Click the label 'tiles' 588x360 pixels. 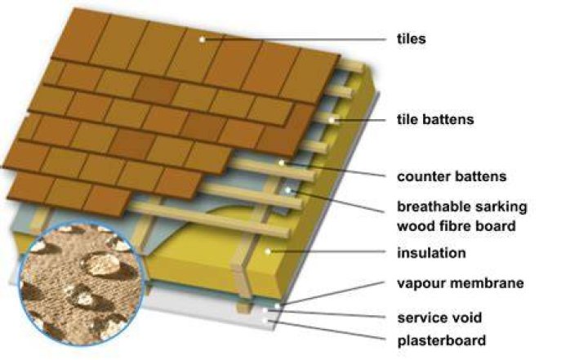(412, 38)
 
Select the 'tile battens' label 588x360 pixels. (435, 120)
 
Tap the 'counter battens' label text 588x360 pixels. (452, 176)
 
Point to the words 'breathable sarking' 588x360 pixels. (462, 207)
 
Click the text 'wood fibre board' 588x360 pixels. (456, 226)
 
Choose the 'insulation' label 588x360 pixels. (431, 253)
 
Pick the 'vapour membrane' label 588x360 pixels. (460, 283)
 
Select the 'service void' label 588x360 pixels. (439, 318)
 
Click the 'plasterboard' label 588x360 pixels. (441, 340)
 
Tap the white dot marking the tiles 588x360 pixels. (203, 39)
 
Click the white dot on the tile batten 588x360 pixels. (332, 120)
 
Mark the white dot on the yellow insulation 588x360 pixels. (268, 251)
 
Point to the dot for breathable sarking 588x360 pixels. (288, 190)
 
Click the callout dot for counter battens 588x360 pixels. (282, 162)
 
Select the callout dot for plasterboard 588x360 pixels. (266, 321)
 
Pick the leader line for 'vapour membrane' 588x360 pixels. (332, 294)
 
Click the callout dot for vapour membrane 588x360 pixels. (277, 306)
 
